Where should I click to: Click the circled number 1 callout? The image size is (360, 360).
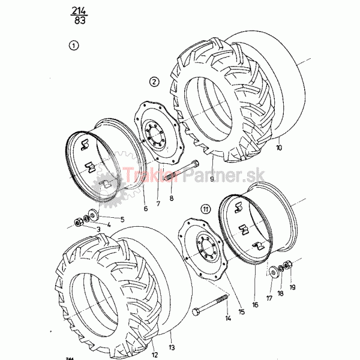tap(73, 45)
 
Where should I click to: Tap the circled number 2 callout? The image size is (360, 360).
tap(154, 81)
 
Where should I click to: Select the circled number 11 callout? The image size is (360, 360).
tap(206, 209)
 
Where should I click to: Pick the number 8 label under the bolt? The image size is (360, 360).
tap(172, 197)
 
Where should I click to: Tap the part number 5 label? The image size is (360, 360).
tap(122, 219)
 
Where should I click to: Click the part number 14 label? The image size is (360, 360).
tap(228, 319)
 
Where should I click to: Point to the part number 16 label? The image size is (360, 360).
tap(255, 304)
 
